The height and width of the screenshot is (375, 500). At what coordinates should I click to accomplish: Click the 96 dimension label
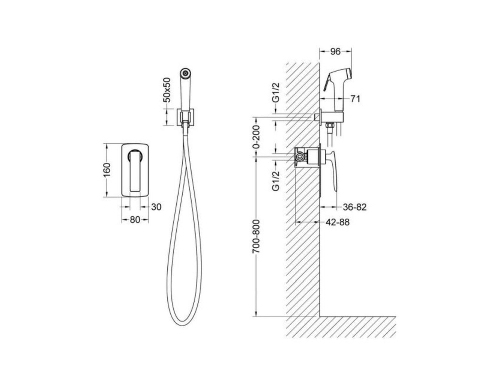pos(335,52)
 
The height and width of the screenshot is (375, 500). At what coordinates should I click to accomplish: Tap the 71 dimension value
pos(355,99)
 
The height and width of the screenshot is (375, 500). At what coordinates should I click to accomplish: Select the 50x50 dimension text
pos(167,90)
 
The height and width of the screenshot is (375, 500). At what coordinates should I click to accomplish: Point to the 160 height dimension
pos(107,170)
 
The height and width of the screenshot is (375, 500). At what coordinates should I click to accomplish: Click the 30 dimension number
pos(156,207)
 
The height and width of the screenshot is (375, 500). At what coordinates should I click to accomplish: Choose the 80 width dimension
pos(135,220)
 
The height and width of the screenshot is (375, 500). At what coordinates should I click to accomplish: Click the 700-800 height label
pos(256,237)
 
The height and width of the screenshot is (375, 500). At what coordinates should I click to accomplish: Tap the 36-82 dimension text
pos(355,207)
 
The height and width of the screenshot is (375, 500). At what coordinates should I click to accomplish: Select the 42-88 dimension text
pos(337,222)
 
